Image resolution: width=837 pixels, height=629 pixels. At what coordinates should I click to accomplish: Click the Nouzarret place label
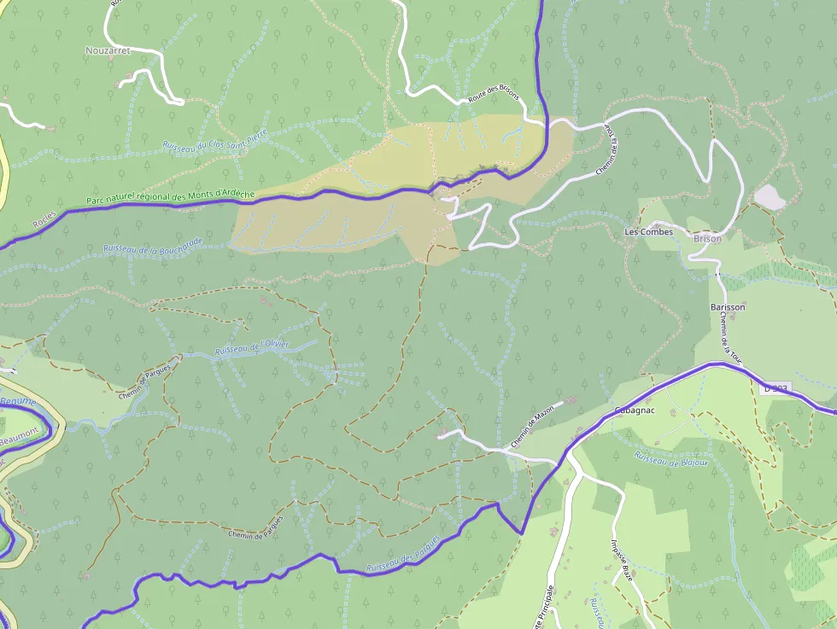(108, 51)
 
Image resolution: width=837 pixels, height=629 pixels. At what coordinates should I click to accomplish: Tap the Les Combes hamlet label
(649, 232)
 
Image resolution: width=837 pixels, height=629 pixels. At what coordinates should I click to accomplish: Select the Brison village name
(708, 239)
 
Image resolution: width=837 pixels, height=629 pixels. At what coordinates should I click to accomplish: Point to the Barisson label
(728, 307)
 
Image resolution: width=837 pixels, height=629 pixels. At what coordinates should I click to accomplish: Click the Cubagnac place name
(634, 411)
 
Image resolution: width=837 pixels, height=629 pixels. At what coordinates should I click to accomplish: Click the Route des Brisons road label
(493, 96)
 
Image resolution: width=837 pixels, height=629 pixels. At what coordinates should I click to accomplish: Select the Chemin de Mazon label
(533, 427)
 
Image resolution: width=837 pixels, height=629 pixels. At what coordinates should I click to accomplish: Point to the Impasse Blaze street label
(622, 560)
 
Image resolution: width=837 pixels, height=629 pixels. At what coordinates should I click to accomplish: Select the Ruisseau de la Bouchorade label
(153, 245)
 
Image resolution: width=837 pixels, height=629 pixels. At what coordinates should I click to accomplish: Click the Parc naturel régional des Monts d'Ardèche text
(171, 197)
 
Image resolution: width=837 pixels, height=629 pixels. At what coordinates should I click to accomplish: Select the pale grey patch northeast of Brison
(770, 197)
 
